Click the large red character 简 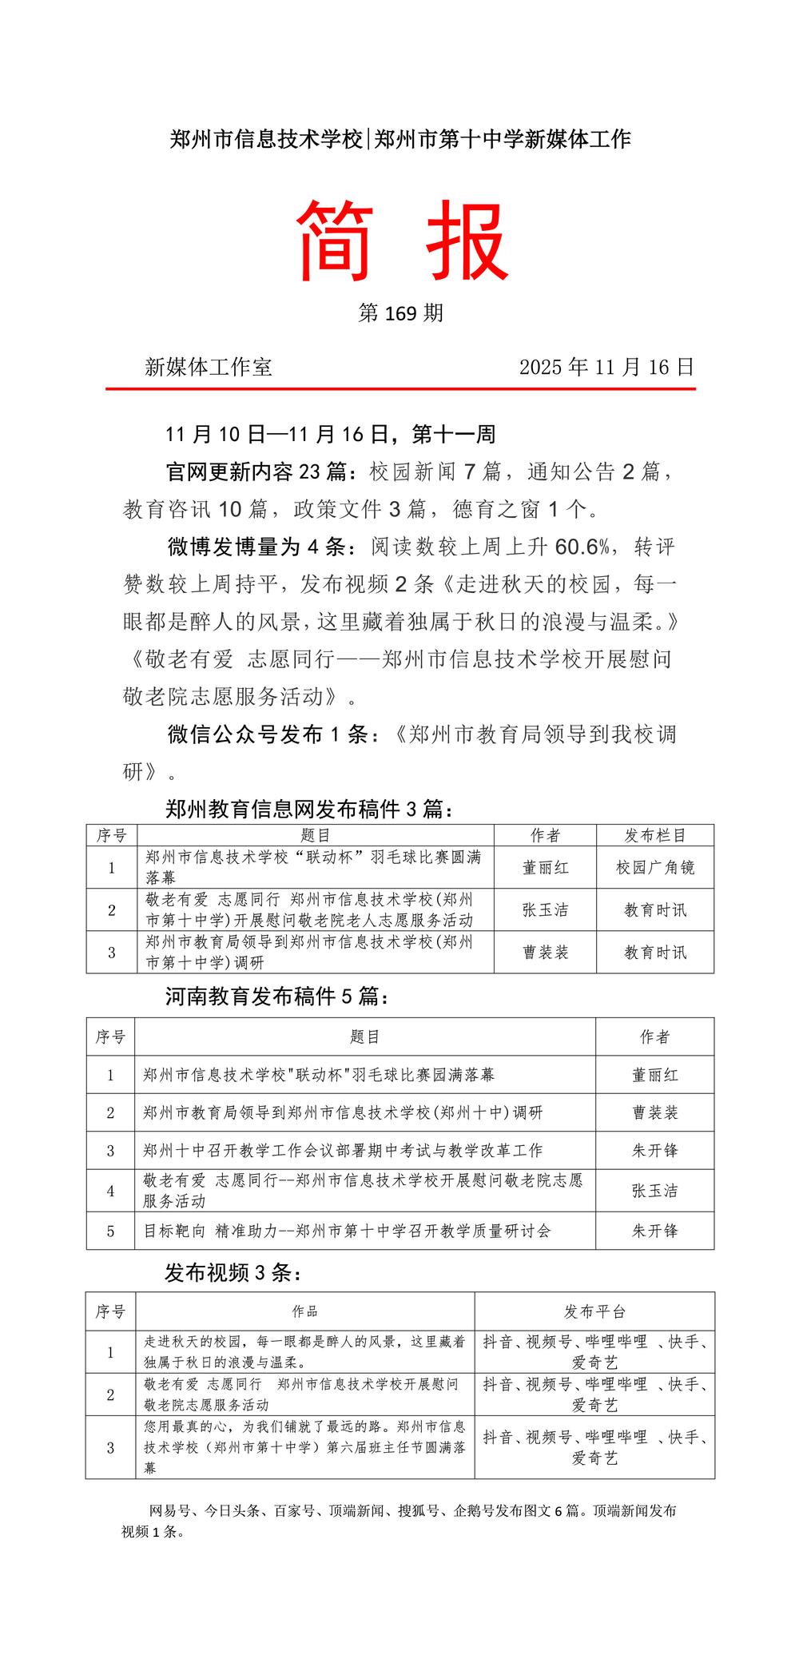pyautogui.click(x=336, y=241)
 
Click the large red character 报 pyautogui.click(x=467, y=241)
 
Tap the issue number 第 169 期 pyautogui.click(x=400, y=313)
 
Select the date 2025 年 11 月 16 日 pyautogui.click(x=606, y=367)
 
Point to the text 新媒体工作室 pyautogui.click(x=209, y=367)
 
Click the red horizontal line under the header pyautogui.click(x=400, y=389)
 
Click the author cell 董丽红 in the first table pyautogui.click(x=545, y=868)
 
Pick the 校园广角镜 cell pyautogui.click(x=655, y=868)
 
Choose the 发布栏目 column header pyautogui.click(x=655, y=836)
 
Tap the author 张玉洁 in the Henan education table pyautogui.click(x=654, y=1191)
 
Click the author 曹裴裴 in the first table pyautogui.click(x=545, y=953)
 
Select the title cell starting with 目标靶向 pyautogui.click(x=347, y=1231)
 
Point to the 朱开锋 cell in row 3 pyautogui.click(x=654, y=1151)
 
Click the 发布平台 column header pyautogui.click(x=594, y=1311)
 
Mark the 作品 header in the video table pyautogui.click(x=305, y=1311)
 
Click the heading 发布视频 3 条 pyautogui.click(x=233, y=1273)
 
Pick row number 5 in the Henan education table pyautogui.click(x=111, y=1231)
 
